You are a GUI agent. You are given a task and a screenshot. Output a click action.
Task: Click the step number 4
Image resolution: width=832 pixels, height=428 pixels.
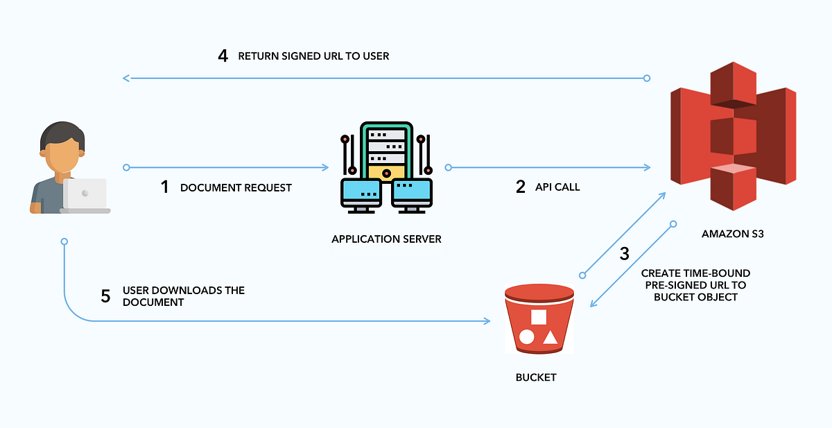[223, 55]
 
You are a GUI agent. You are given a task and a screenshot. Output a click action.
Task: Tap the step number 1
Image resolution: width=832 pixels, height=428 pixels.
[164, 187]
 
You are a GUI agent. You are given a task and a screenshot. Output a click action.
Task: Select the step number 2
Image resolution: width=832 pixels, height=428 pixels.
[521, 187]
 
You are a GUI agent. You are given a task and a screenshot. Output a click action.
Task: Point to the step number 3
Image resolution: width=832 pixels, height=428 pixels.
[624, 253]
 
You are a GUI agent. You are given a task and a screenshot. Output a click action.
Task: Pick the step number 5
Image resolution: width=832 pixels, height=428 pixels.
[105, 296]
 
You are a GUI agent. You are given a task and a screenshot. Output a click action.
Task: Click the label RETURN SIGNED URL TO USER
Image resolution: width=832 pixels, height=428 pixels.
[313, 56]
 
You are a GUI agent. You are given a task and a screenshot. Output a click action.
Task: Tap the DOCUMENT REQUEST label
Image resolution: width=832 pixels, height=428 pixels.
[236, 188]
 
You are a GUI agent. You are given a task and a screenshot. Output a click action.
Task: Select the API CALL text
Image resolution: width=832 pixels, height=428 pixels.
[557, 187]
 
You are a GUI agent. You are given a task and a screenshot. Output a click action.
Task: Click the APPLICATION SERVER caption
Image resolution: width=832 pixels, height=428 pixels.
[386, 239]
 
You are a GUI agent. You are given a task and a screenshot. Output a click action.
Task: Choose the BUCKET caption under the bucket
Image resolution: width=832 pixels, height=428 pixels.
[537, 377]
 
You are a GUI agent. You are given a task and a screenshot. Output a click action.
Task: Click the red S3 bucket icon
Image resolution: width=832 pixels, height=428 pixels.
[539, 320]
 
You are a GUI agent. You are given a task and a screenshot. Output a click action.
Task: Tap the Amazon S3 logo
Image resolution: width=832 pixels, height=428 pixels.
[732, 136]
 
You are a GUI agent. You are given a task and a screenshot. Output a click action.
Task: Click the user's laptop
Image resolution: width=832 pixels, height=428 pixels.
[85, 196]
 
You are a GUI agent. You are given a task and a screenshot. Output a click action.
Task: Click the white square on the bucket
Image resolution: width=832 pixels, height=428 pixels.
[539, 317]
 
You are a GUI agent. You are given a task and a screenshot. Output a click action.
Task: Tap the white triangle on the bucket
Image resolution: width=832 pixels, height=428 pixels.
[551, 338]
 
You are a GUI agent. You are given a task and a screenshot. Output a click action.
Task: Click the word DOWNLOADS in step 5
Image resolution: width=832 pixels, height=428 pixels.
[184, 290]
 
